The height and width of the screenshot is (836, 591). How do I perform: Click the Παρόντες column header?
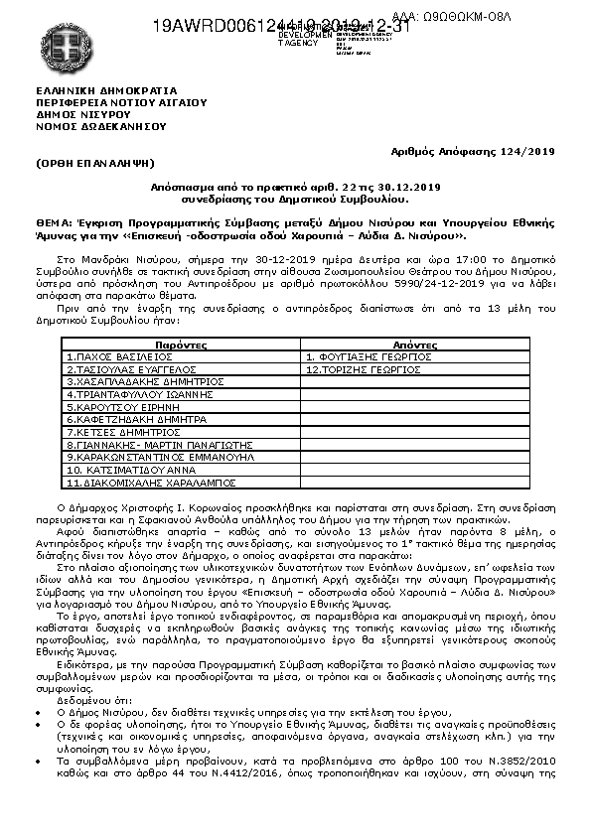[x=179, y=344]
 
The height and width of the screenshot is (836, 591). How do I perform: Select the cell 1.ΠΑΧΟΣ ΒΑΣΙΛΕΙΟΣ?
[x=120, y=355]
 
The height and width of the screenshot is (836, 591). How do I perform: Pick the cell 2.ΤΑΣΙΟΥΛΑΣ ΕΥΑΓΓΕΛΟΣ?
[x=131, y=368]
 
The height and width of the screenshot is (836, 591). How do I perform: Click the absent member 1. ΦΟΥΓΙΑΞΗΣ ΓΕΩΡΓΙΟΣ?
[x=369, y=355]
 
